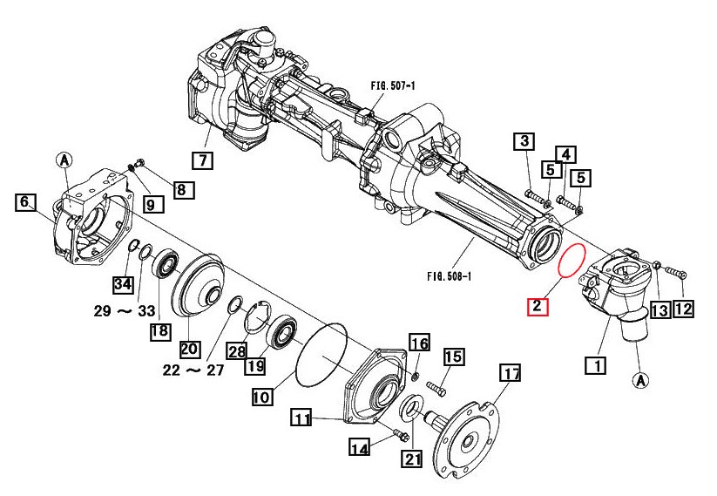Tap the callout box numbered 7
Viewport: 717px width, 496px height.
point(202,160)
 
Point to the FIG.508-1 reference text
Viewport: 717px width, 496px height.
point(449,276)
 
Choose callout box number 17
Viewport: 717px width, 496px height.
point(510,374)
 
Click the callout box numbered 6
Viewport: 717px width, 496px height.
point(25,202)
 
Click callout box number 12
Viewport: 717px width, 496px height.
point(684,308)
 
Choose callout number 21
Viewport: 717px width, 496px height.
point(410,459)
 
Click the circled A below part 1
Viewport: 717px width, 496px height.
point(639,380)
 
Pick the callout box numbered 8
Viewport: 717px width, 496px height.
point(183,188)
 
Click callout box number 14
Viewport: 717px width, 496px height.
point(360,448)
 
